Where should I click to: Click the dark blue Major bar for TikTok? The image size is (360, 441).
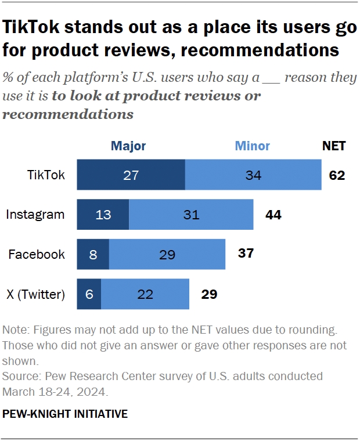[131, 175]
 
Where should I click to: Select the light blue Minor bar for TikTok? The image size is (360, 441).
[253, 175]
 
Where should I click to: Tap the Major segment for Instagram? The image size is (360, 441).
[103, 215]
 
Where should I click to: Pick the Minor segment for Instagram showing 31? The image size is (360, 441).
[191, 215]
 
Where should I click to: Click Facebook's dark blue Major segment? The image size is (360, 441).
[93, 254]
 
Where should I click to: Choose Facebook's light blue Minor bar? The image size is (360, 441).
[167, 254]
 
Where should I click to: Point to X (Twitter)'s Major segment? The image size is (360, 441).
[89, 294]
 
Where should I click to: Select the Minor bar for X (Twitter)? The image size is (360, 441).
[145, 294]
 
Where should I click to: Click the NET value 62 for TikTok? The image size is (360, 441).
[337, 175]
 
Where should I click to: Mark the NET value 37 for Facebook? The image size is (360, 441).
[246, 254]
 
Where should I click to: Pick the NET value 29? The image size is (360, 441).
[209, 294]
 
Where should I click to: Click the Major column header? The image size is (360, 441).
[128, 146]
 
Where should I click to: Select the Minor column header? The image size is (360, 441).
[252, 146]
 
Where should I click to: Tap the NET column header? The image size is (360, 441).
[334, 146]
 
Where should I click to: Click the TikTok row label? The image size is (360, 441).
[46, 175]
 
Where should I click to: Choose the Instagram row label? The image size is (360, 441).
[35, 215]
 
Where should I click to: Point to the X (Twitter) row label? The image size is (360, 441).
[35, 294]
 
